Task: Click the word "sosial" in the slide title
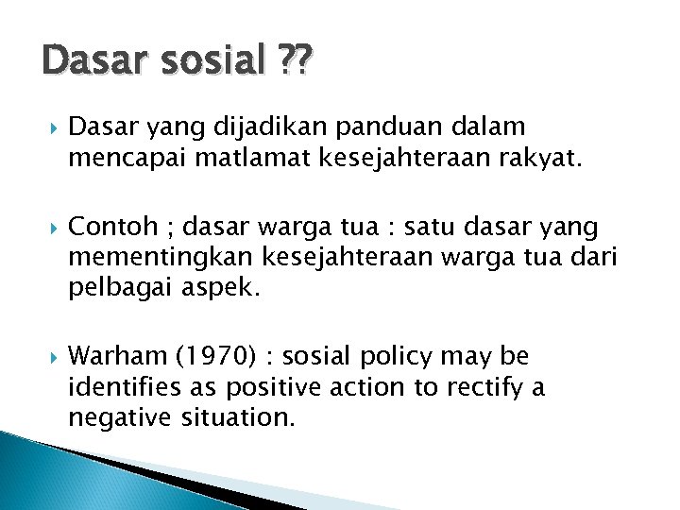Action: [x=211, y=62]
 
